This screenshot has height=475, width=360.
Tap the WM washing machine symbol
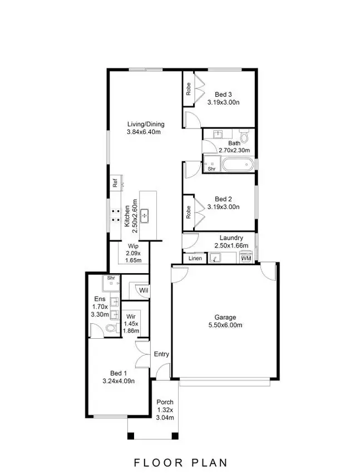[246, 259]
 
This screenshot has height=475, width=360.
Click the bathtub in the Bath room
[238, 165]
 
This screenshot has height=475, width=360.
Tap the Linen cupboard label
[195, 259]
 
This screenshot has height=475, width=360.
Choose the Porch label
[165, 402]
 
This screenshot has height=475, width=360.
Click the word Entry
[161, 354]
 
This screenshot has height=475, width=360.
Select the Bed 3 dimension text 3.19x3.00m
[223, 102]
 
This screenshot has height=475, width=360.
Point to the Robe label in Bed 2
[189, 212]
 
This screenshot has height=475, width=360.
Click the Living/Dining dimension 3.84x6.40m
[144, 132]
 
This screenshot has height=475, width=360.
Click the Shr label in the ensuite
[111, 278]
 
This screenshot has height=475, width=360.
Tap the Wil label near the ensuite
[143, 290]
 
